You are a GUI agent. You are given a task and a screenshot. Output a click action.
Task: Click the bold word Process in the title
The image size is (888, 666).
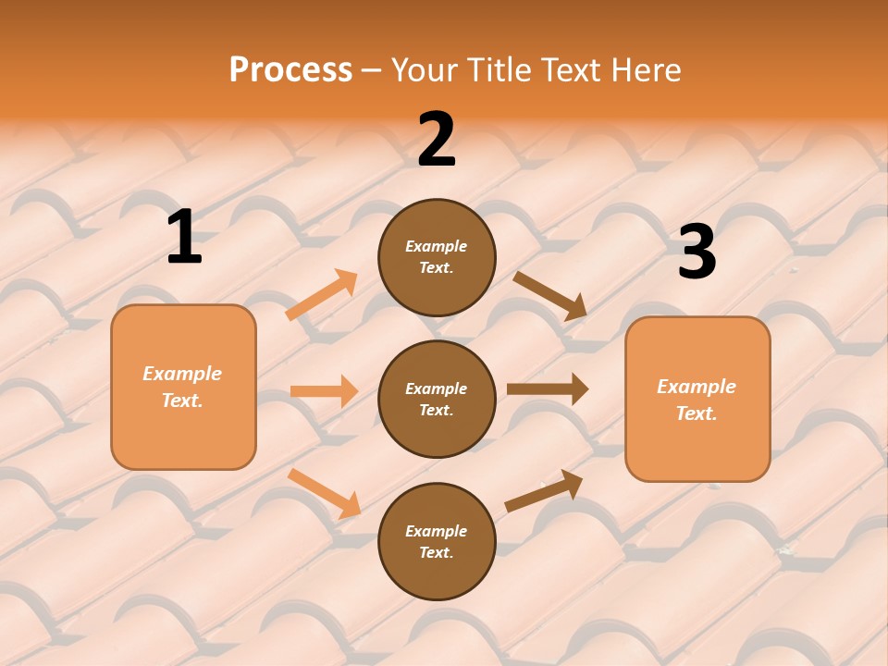coord(290,69)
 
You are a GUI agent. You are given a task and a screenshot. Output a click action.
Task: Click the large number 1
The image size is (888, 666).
coord(184,237)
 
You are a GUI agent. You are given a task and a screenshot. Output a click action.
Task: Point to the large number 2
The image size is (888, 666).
coord(437,140)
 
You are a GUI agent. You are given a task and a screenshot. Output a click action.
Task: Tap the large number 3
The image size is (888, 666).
coord(697,252)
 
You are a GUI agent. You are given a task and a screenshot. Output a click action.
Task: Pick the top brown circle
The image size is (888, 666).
coord(437,257)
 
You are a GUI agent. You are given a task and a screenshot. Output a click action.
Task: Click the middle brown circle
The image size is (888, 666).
coord(437,399)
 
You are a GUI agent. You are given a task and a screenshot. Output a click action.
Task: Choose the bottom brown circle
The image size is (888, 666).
coord(437,541)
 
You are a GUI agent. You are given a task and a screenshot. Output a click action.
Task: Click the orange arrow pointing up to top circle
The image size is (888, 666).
coord(322,295)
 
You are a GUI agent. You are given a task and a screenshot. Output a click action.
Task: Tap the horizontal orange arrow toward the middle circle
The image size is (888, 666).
coord(324,391)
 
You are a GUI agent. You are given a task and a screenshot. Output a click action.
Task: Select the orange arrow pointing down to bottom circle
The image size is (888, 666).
coord(324,492)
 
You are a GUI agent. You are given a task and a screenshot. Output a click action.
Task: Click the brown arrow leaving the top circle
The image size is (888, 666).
coord(549,295)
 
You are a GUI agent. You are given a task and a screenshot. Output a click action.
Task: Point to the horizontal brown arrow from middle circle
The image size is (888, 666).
coord(548,389)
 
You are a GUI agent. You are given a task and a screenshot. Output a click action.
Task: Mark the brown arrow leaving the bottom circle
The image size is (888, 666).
coord(544,490)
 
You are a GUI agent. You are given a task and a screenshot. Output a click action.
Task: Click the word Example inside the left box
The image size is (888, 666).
coord(182,374)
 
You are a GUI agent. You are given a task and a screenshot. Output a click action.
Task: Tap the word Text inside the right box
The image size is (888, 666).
coord(696,413)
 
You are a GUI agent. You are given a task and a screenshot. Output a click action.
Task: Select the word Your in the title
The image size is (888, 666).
coord(424,69)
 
